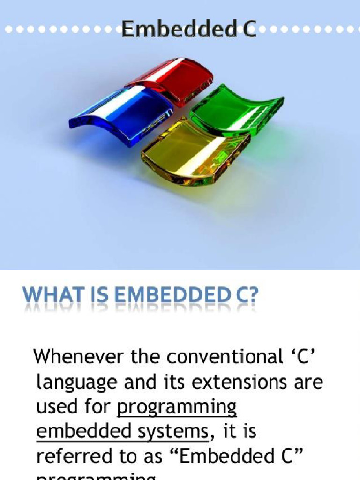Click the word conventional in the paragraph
(212, 357)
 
